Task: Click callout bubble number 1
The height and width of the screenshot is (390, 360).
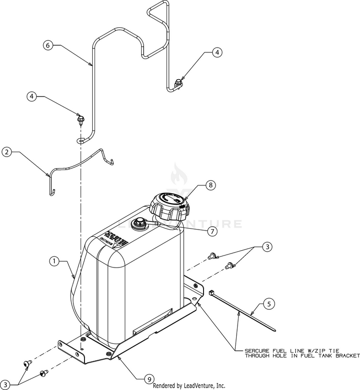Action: [55, 261]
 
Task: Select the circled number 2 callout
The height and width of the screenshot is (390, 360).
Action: [7, 152]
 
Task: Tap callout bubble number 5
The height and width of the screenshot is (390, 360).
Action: [269, 303]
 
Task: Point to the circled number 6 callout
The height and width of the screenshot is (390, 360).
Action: [48, 45]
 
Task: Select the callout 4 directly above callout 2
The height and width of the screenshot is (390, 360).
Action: [32, 97]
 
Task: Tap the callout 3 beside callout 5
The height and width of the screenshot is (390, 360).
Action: [267, 247]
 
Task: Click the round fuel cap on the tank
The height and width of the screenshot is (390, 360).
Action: [169, 206]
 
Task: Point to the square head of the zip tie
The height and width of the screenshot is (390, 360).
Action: [211, 292]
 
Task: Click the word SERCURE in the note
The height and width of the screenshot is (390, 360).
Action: [258, 350]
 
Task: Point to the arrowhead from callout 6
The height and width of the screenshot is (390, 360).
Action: [91, 64]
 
